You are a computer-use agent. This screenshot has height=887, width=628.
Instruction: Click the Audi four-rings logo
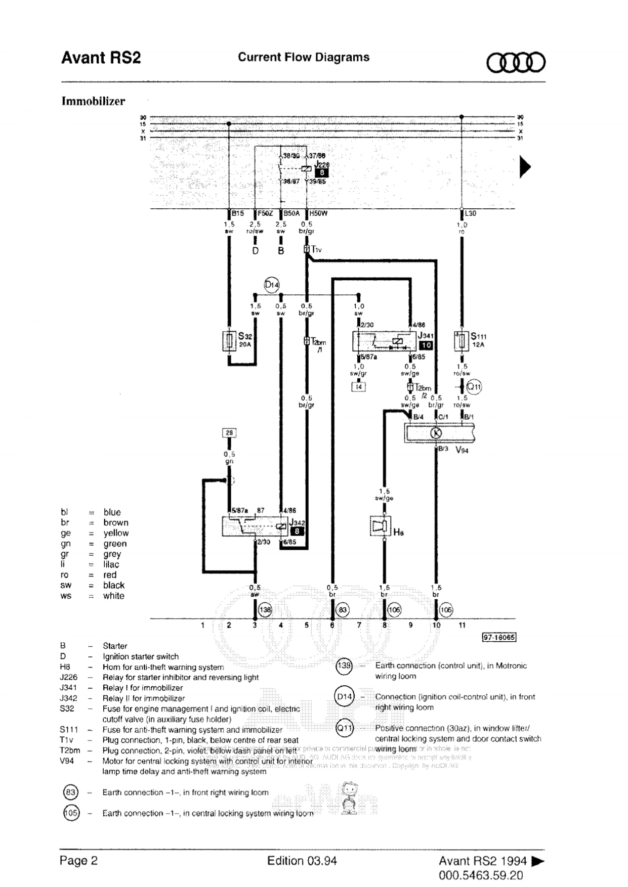click(x=516, y=62)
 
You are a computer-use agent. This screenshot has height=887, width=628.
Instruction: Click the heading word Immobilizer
click(x=93, y=101)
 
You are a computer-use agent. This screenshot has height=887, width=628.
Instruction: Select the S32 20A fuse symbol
click(x=229, y=341)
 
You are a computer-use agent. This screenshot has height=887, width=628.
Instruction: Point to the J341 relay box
click(x=385, y=342)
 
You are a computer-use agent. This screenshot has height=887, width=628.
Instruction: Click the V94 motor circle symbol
click(x=436, y=433)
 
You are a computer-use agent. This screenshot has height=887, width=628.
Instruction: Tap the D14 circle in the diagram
click(x=272, y=285)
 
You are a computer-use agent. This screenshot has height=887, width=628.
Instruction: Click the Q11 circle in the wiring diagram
click(x=474, y=387)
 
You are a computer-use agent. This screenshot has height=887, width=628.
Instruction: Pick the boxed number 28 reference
click(x=229, y=433)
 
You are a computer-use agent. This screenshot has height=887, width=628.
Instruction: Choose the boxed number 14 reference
click(x=358, y=387)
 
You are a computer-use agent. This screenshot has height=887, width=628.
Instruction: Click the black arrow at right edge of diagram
click(x=525, y=167)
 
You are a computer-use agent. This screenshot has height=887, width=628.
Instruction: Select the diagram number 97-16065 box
click(x=499, y=637)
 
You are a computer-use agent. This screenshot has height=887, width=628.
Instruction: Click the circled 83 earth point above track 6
click(x=343, y=610)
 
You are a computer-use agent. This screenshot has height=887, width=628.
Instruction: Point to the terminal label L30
click(x=470, y=213)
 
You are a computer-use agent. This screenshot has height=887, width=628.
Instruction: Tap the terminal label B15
click(x=238, y=213)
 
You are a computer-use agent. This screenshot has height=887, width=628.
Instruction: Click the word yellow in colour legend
click(x=116, y=533)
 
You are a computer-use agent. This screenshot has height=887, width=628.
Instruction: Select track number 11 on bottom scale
click(x=462, y=625)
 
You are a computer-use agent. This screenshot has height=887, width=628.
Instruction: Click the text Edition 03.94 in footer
click(x=302, y=861)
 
